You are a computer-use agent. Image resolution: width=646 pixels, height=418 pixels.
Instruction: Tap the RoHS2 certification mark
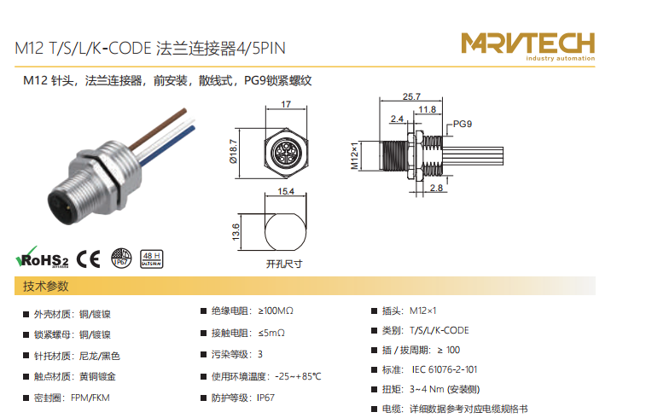[42, 258]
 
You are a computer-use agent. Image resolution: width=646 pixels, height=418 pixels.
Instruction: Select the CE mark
[88, 259]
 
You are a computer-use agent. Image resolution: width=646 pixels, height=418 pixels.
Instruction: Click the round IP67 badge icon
[121, 258]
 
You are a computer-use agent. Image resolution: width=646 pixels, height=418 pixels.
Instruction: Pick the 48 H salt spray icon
[152, 259]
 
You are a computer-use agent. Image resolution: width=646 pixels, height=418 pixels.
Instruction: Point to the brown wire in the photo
[157, 129]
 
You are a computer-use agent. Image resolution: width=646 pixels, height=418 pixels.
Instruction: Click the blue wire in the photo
[167, 146]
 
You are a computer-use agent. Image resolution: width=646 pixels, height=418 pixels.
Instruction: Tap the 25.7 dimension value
[411, 96]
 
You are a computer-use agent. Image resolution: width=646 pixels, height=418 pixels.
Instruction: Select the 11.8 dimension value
[427, 109]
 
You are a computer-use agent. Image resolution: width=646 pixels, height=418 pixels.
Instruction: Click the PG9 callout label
[463, 124]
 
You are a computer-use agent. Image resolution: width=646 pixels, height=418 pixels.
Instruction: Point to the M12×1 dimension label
[354, 155]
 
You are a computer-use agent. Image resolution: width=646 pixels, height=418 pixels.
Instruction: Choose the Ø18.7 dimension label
[233, 152]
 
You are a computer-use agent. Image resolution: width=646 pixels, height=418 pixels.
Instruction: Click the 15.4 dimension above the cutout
[286, 191]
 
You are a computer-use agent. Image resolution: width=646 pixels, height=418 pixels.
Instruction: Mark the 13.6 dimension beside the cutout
[236, 232]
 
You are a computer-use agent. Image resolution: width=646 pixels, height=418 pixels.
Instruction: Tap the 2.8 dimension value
[436, 188]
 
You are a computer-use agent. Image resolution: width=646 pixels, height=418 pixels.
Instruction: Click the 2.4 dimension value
[397, 119]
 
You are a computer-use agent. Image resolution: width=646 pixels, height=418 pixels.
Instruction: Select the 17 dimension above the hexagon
[286, 104]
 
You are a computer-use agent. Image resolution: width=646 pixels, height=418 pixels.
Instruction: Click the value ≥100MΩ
[276, 311]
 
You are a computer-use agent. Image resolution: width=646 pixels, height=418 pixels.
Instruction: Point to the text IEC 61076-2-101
[445, 369]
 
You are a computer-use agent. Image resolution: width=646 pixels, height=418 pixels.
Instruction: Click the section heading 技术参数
[46, 287]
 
